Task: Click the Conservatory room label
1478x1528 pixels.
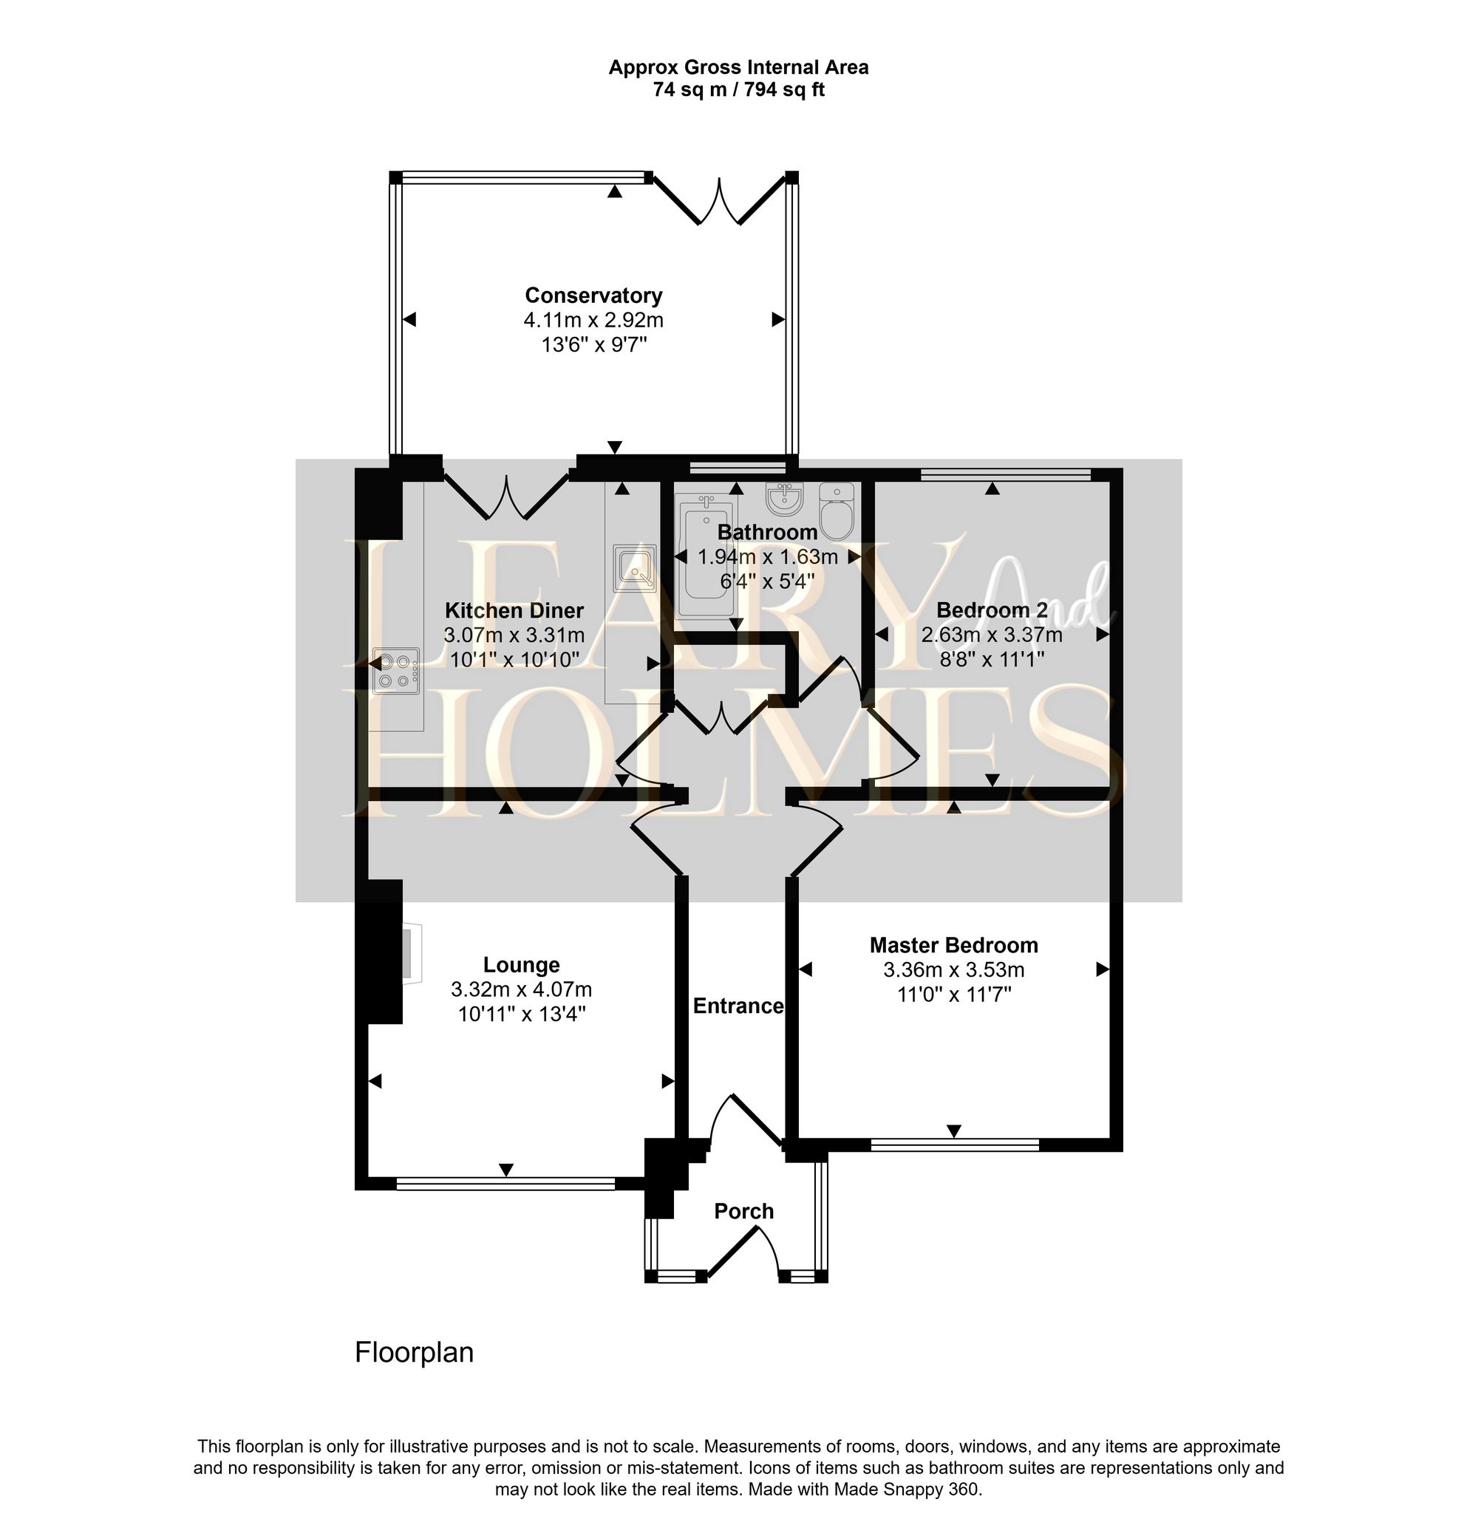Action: tap(593, 296)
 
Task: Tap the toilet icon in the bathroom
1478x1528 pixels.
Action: tap(837, 511)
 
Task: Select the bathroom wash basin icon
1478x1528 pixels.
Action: tap(784, 499)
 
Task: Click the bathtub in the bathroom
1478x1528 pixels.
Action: tap(706, 557)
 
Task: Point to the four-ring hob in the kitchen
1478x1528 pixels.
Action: tap(396, 670)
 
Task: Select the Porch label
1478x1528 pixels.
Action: tap(743, 1211)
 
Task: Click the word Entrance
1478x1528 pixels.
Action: tap(738, 1006)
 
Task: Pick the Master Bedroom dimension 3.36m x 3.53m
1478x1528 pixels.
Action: tap(953, 970)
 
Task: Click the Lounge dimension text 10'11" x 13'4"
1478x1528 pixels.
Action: tap(522, 1014)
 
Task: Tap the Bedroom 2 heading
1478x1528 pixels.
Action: tap(992, 610)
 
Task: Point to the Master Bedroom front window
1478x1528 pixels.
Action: tap(954, 1145)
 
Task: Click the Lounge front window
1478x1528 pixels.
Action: tap(505, 1184)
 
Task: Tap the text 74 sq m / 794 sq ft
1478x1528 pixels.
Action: tap(738, 89)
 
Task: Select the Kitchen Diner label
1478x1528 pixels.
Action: tap(514, 610)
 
